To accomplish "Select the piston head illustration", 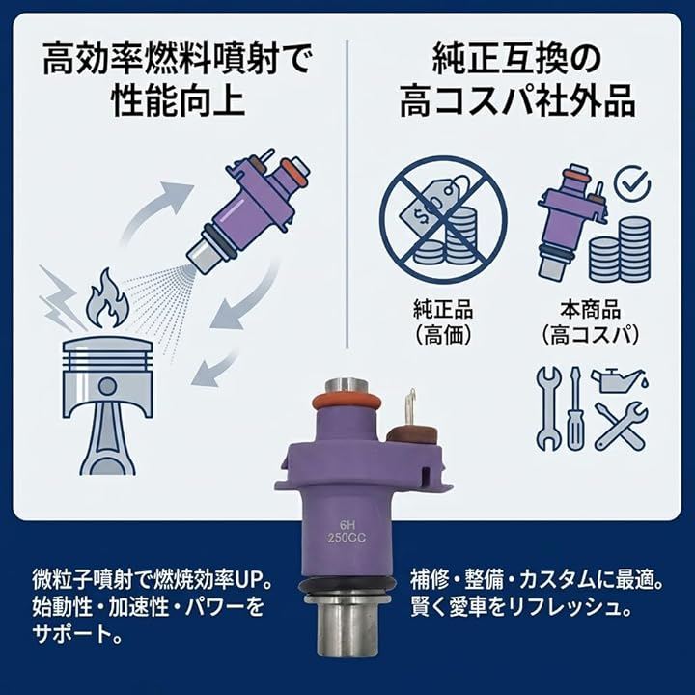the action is (108, 403).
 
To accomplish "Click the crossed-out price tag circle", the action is (444, 218).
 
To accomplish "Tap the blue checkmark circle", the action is (633, 185).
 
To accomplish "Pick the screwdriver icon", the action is (575, 408).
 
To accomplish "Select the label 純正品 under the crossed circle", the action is (443, 310).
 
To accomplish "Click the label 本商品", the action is (590, 310).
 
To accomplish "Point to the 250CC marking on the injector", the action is (347, 539).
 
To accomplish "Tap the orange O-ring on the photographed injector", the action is (347, 401).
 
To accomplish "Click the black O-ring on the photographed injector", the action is (347, 587).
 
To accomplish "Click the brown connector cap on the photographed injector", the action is (410, 435).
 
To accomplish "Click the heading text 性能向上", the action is (179, 101).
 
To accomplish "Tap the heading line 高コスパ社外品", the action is (517, 101).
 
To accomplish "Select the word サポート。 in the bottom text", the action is (76, 633).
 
